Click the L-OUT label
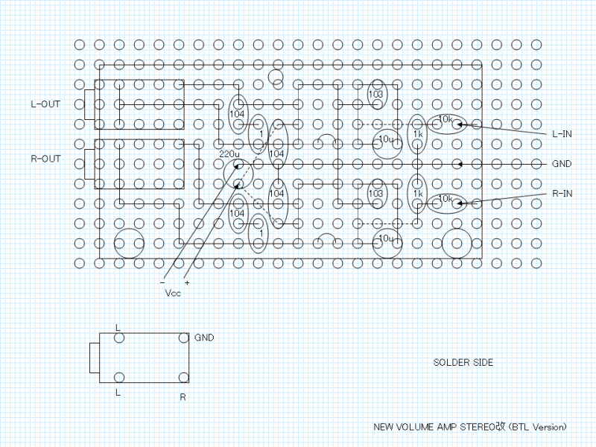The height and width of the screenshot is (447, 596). click(x=45, y=104)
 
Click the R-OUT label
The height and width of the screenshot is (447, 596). click(x=45, y=159)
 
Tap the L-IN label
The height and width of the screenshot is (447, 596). click(x=562, y=134)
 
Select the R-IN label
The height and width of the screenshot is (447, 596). click(x=562, y=193)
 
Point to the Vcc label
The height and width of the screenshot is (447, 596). click(x=173, y=293)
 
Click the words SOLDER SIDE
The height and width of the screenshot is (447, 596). click(x=463, y=363)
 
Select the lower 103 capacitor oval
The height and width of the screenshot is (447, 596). click(x=375, y=194)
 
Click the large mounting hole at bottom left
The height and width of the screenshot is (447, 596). click(x=128, y=243)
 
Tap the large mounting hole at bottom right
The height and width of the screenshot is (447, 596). click(x=455, y=243)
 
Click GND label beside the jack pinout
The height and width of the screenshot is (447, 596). click(x=204, y=337)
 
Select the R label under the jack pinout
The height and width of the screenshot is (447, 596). click(x=183, y=397)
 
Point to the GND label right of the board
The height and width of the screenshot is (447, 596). click(x=562, y=163)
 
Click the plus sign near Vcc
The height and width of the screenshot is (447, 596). click(x=187, y=282)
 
